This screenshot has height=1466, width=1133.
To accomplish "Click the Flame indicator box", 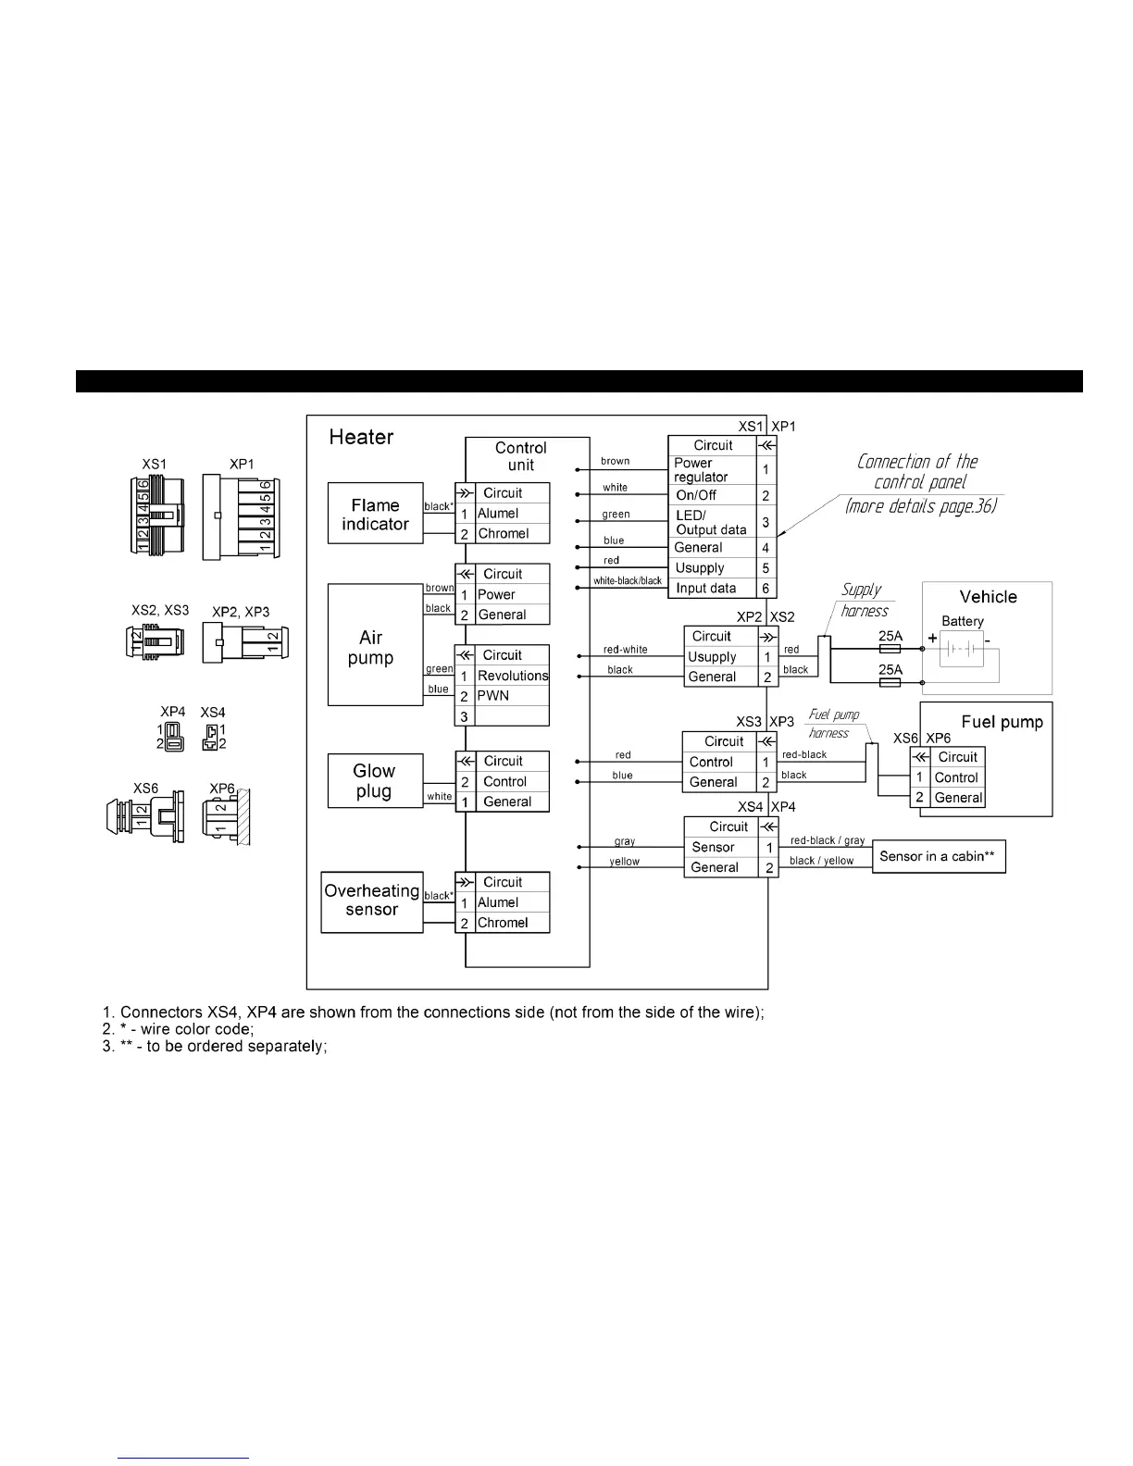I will pos(375,514).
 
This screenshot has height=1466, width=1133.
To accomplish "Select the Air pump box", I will pos(375,645).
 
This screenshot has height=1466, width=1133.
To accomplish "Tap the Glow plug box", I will pos(374,780).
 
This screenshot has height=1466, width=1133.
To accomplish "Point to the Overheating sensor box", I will pos(371,901).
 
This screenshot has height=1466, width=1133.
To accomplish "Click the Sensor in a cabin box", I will pos(938,856).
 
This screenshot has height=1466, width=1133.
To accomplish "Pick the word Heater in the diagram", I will pos(361,437).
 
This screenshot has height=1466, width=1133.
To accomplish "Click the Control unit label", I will pos(521,456).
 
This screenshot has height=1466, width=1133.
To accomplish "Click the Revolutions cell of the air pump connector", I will pos(512,676).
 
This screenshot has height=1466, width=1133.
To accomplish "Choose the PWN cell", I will pos(493,696).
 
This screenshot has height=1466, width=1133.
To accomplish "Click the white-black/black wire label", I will pos(628,581).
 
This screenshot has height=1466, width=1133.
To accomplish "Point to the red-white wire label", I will pos(625,650).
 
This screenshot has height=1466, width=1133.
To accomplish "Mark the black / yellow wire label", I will pos(821,861).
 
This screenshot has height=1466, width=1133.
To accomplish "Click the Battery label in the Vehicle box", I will pos(963,621).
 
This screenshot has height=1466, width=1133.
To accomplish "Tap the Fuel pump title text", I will pos(1002,722).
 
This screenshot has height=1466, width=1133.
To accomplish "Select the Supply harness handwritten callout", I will pos(863,600).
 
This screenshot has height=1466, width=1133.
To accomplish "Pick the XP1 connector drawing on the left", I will pos(242,516).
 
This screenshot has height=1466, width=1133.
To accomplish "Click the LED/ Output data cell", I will pos(711,522).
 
